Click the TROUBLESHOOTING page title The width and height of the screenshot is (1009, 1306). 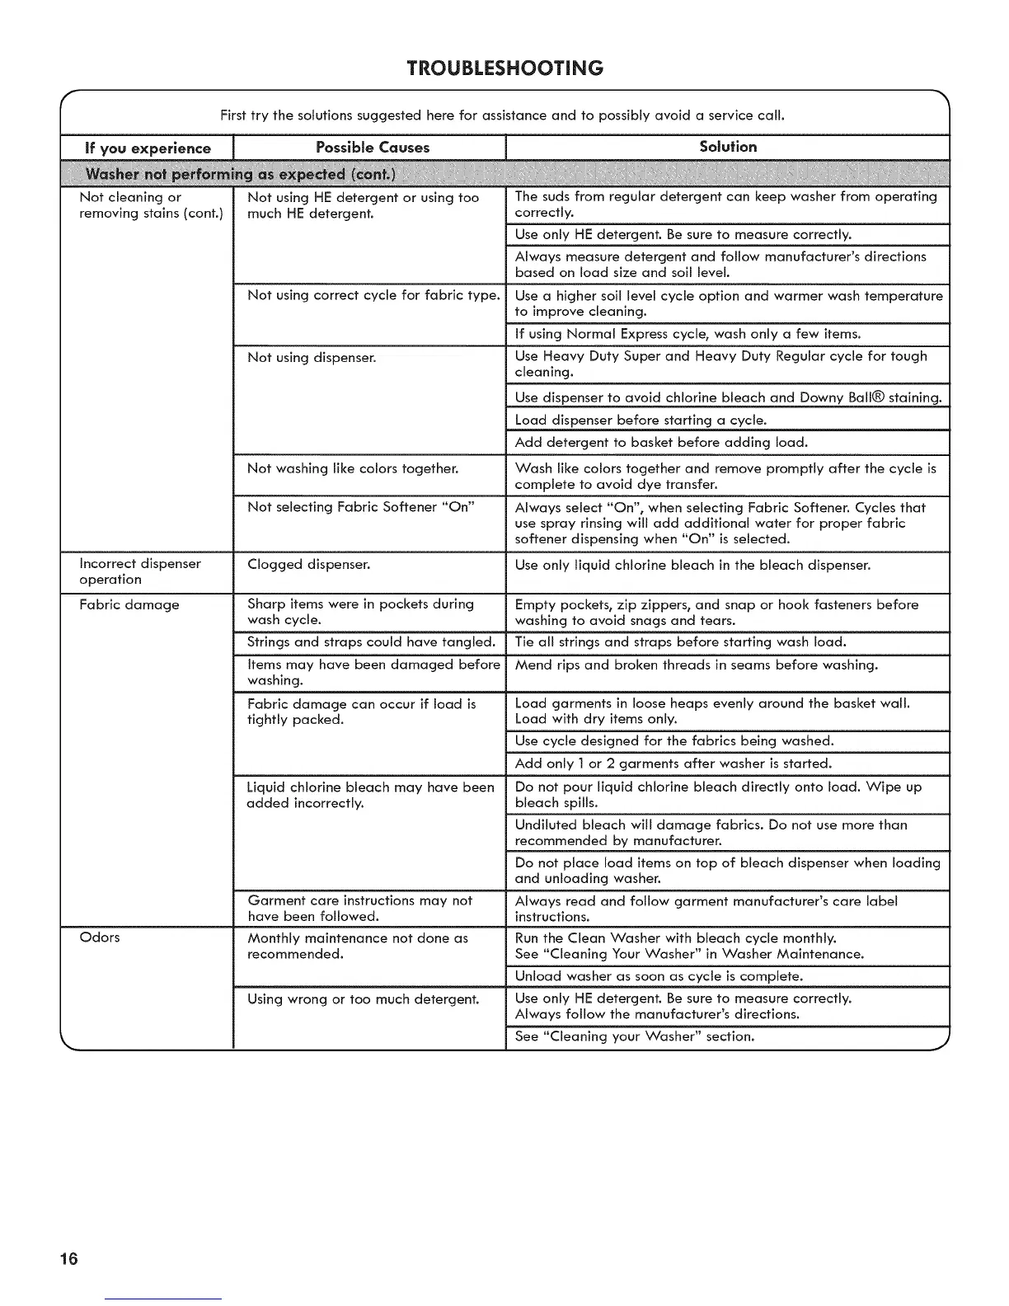(504, 68)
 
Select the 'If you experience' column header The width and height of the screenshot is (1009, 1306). (148, 148)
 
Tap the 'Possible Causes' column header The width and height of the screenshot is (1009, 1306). (373, 148)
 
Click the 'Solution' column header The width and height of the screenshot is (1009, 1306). (728, 147)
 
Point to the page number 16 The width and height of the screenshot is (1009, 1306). (68, 1258)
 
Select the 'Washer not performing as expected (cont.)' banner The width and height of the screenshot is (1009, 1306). (241, 174)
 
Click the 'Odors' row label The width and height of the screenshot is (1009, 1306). (100, 937)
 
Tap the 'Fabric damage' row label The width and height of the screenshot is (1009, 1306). (129, 604)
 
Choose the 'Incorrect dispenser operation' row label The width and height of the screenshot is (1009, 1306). (140, 571)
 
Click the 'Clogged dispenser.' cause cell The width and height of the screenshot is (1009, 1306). (308, 565)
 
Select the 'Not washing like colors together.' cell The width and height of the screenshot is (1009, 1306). (353, 468)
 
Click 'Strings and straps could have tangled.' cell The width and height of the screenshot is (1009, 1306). (371, 642)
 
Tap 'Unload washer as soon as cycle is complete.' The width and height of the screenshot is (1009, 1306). (659, 976)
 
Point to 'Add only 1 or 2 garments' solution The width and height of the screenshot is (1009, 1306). (673, 763)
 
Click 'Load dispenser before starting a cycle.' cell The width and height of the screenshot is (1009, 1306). (641, 420)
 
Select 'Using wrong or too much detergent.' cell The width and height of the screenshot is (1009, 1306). (363, 999)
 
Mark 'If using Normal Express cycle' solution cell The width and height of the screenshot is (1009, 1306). (688, 334)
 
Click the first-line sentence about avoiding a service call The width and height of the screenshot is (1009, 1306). (502, 115)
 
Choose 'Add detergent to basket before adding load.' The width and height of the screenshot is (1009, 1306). (661, 443)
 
